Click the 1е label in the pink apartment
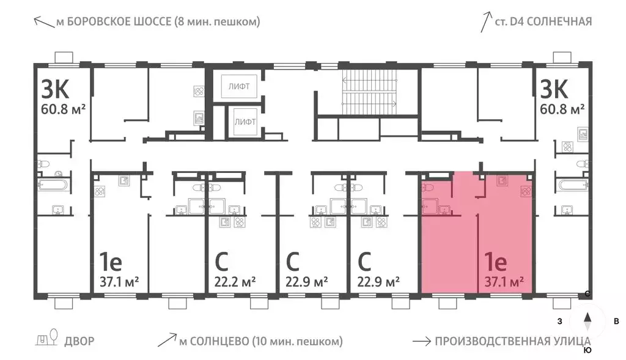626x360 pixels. [x=495, y=263]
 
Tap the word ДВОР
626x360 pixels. [x=79, y=341]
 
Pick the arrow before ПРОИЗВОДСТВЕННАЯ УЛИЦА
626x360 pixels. [x=421, y=341]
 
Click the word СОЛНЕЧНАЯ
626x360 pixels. [x=560, y=22]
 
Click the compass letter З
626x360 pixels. [x=558, y=321]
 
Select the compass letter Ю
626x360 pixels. [x=587, y=350]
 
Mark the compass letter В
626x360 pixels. [x=616, y=321]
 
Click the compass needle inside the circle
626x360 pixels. [x=587, y=321]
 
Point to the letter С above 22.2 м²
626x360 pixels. [x=222, y=263]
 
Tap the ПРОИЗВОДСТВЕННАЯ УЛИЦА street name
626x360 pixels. [x=512, y=341]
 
